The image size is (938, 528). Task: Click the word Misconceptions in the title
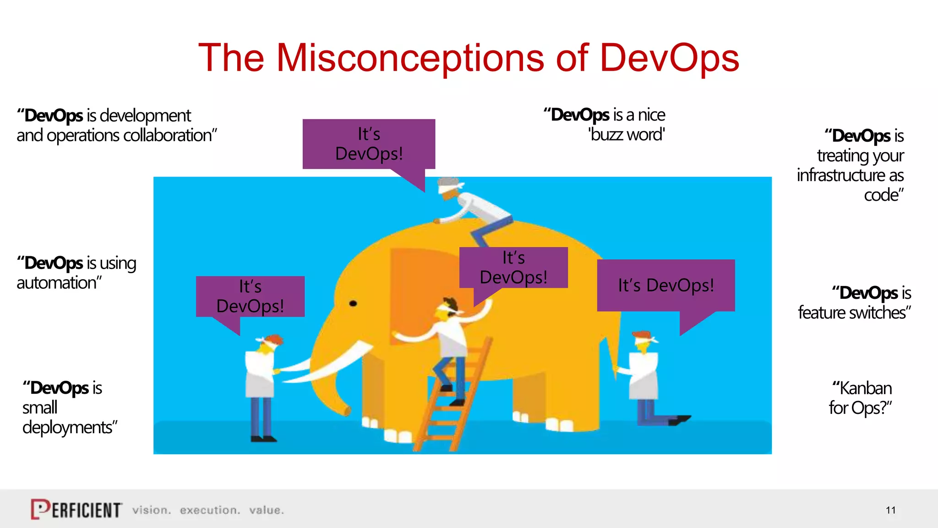coord(410,58)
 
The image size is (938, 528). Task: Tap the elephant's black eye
coord(353,303)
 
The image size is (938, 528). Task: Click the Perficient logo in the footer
coord(76,509)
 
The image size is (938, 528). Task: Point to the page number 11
coord(890,510)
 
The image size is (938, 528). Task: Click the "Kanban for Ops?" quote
coord(861,398)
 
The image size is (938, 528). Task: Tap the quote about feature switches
coord(855,302)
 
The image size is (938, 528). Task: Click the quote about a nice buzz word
coord(605,125)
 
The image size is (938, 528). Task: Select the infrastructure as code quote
coord(851,165)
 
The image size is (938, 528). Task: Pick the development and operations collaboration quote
coord(116,125)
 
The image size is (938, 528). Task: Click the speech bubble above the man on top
coord(369,144)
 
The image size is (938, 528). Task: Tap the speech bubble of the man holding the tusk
coord(250,297)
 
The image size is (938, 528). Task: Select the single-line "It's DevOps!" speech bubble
coord(666,285)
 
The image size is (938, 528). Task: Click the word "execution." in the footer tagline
coord(210,510)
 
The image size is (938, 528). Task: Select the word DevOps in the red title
coord(669,58)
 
